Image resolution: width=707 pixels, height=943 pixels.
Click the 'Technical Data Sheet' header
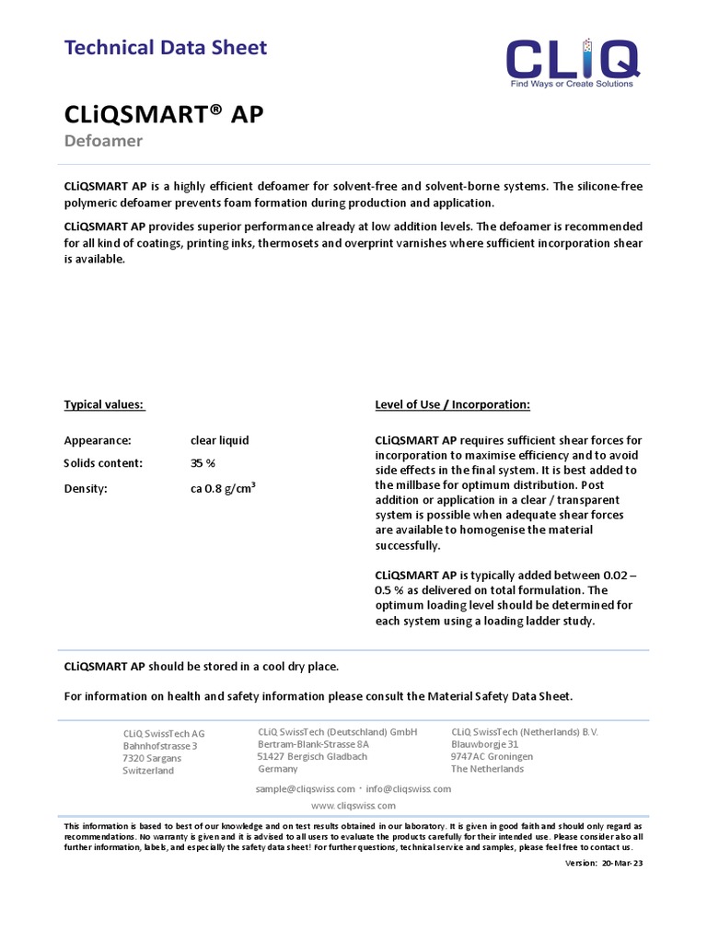click(165, 47)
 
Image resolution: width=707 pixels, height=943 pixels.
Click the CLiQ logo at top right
click(572, 59)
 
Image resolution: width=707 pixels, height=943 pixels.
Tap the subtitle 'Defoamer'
click(102, 141)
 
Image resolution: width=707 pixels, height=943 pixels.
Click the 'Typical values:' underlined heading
click(104, 404)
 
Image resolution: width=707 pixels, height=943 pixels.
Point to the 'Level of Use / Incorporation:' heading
click(452, 404)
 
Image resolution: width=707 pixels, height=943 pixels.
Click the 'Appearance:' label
click(98, 440)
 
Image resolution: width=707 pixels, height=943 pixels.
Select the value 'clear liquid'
click(219, 440)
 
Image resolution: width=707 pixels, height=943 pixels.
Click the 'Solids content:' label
click(103, 463)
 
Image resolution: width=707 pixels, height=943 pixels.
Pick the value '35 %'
click(203, 463)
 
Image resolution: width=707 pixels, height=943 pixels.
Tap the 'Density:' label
click(86, 489)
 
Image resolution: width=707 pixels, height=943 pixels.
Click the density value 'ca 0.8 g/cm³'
click(223, 488)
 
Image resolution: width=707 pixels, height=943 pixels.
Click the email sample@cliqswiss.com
click(305, 789)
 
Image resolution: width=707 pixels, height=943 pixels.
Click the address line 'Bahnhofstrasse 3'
click(160, 746)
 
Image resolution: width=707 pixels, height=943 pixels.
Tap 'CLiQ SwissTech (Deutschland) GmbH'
click(337, 731)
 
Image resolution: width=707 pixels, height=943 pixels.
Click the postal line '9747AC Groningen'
click(492, 756)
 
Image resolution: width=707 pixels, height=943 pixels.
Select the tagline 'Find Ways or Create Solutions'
click(572, 84)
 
